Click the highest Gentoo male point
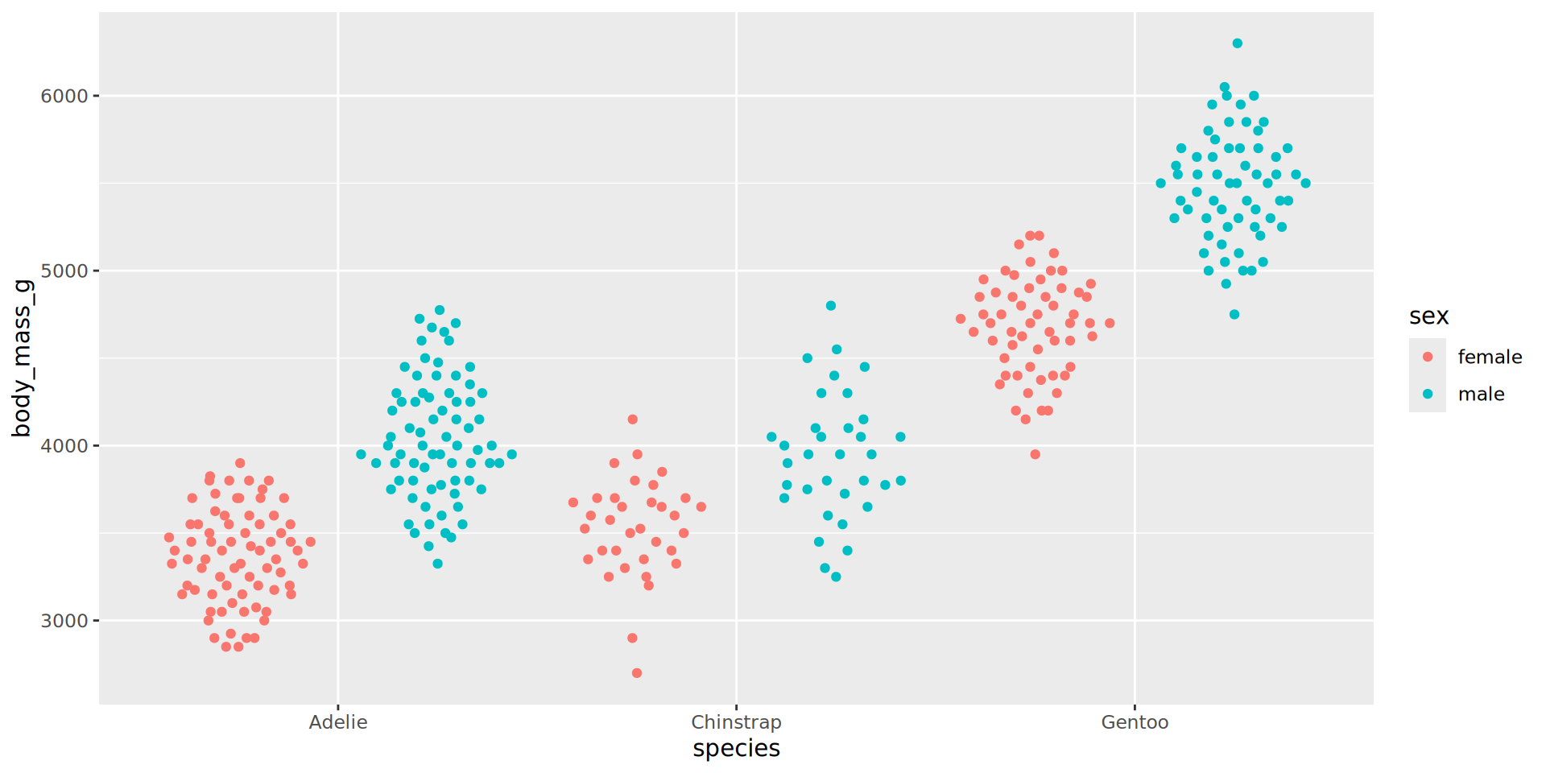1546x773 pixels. pyautogui.click(x=1237, y=43)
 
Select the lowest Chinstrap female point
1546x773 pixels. pyautogui.click(x=637, y=673)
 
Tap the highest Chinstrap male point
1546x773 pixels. pyautogui.click(x=831, y=306)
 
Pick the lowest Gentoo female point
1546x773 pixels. pyautogui.click(x=1035, y=454)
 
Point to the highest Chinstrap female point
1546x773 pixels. pyautogui.click(x=633, y=420)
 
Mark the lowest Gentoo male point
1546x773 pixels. pyautogui.click(x=1234, y=315)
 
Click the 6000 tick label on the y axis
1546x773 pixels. pyautogui.click(x=64, y=96)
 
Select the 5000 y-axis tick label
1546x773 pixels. pyautogui.click(x=64, y=271)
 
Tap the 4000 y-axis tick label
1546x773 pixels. pyautogui.click(x=64, y=446)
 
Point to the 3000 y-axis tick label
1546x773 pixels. pyautogui.click(x=64, y=621)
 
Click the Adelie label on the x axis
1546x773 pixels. pyautogui.click(x=338, y=722)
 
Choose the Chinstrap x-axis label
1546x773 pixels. pyautogui.click(x=736, y=722)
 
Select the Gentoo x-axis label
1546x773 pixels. pyautogui.click(x=1135, y=722)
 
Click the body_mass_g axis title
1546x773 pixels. pyautogui.click(x=22, y=358)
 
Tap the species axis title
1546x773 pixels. pyautogui.click(x=736, y=749)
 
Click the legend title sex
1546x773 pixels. pyautogui.click(x=1428, y=316)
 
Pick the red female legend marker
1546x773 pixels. pyautogui.click(x=1428, y=357)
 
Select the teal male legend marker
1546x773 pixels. pyautogui.click(x=1428, y=394)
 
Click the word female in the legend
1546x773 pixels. pyautogui.click(x=1490, y=357)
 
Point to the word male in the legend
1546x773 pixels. pyautogui.click(x=1481, y=394)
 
